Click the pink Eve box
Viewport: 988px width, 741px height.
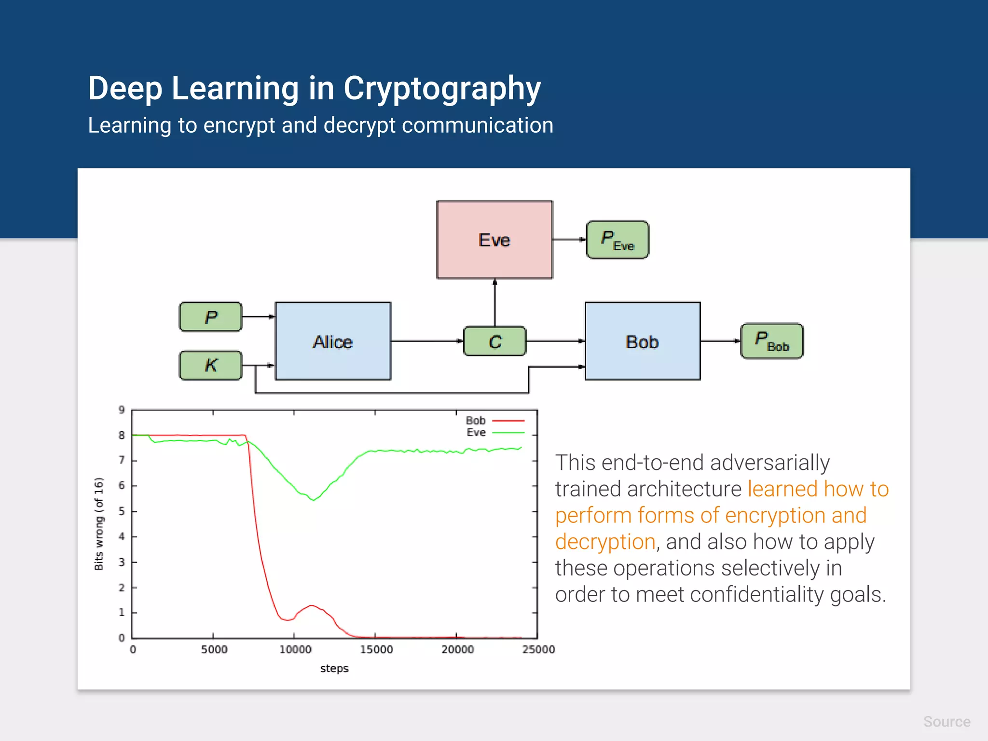click(494, 240)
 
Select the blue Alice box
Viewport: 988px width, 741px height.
click(333, 341)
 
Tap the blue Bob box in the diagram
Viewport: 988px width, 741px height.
click(642, 341)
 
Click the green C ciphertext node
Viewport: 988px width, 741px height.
click(495, 342)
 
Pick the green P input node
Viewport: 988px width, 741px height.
click(211, 317)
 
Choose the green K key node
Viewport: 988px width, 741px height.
click(211, 365)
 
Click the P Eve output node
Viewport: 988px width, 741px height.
click(617, 240)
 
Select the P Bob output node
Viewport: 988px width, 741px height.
click(771, 341)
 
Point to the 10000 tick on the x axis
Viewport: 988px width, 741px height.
click(295, 650)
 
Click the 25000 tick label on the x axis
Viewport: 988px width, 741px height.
click(538, 650)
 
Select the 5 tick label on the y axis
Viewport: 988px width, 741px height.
click(122, 511)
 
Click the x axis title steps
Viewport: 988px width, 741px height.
click(334, 669)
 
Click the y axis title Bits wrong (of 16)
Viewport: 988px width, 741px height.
click(99, 524)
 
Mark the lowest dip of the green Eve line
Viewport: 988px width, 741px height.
click(314, 500)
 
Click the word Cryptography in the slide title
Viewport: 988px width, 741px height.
click(442, 89)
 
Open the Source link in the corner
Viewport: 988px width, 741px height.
click(947, 722)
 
